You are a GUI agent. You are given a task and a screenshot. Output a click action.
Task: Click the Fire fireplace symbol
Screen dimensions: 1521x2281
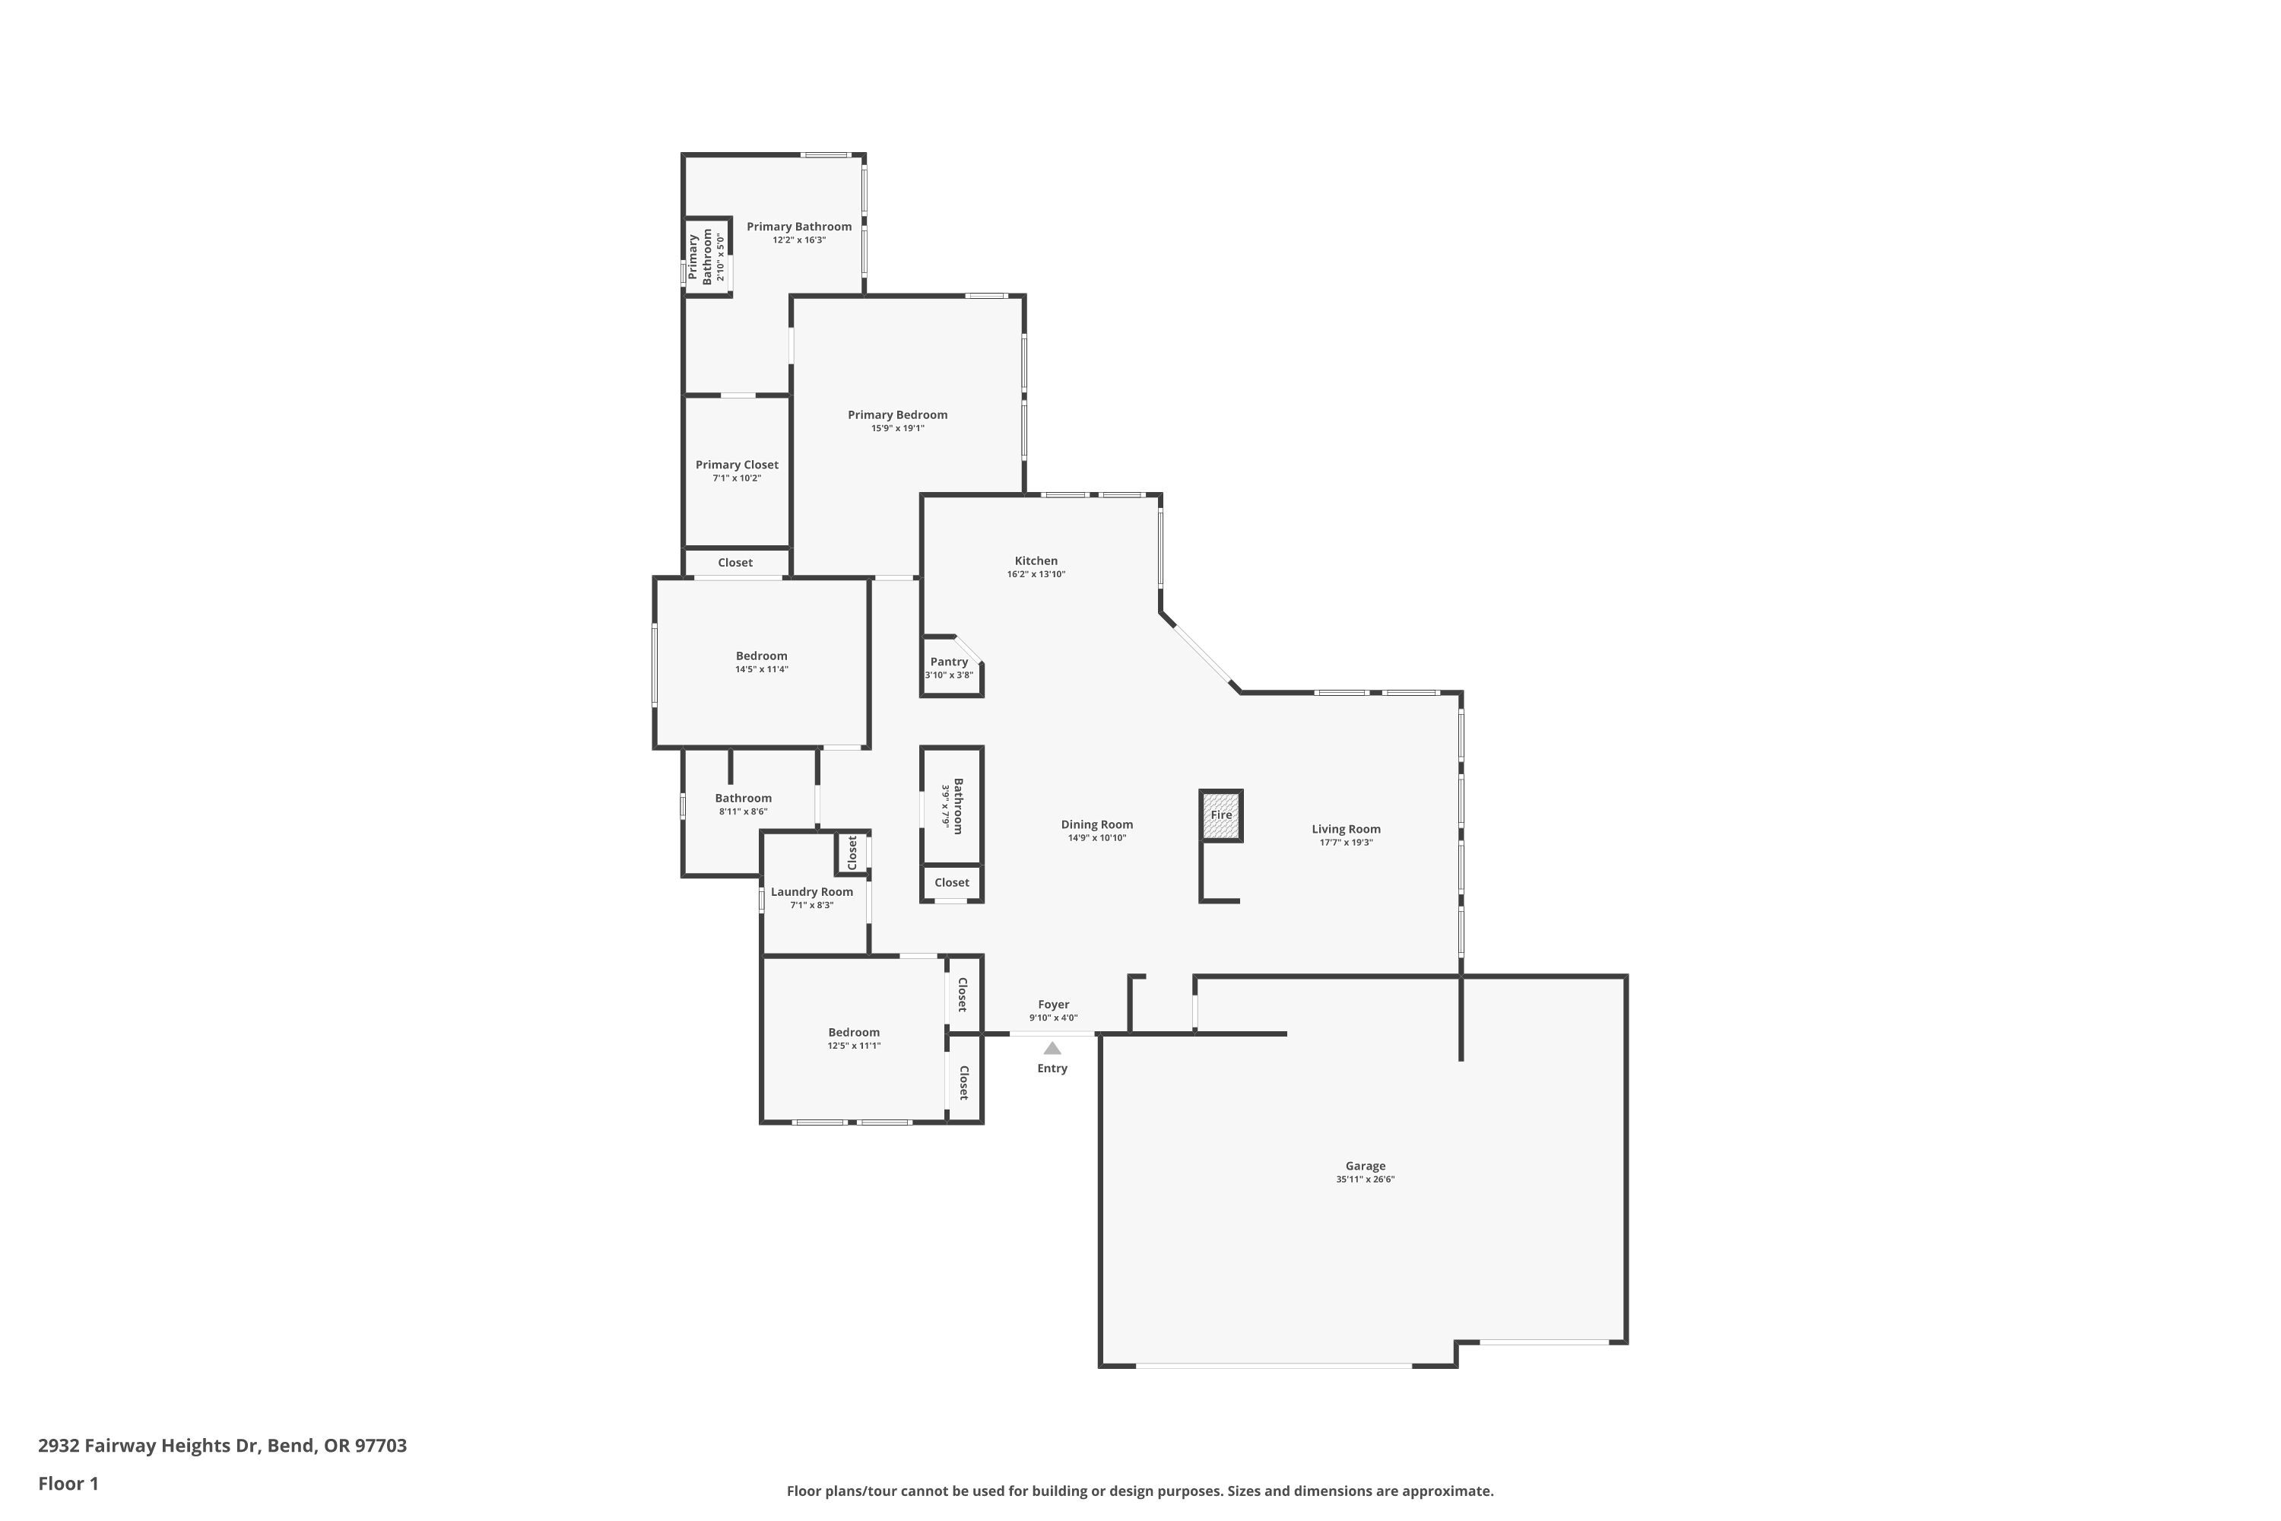[x=1221, y=814]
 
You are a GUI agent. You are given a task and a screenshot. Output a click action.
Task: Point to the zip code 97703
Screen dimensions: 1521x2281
[x=380, y=1446]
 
